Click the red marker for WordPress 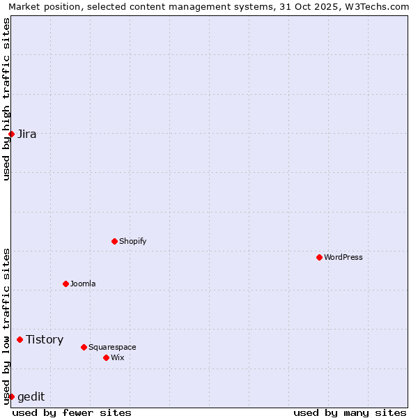(319, 257)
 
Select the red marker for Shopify (114, 241)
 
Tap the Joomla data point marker (65, 284)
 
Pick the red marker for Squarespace (84, 347)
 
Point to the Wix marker (106, 357)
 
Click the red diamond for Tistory (20, 339)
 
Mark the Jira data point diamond (11, 134)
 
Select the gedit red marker (11, 396)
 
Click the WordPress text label (343, 257)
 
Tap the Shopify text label (132, 241)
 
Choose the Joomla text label (83, 284)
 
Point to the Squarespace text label (112, 347)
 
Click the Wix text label (118, 357)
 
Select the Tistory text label (45, 339)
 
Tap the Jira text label (27, 134)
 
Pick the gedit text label (31, 397)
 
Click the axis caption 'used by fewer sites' (72, 412)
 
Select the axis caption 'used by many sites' (350, 412)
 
